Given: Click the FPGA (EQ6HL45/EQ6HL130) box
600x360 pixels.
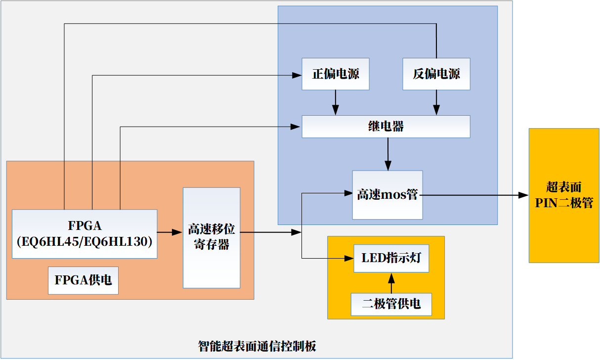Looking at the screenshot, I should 84,234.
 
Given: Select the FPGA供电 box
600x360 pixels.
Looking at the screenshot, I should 83,280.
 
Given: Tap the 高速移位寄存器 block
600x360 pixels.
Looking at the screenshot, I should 212,237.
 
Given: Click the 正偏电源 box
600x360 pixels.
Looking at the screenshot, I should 336,74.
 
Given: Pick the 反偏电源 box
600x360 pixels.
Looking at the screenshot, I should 436,74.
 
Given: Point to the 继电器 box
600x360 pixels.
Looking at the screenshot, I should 386,127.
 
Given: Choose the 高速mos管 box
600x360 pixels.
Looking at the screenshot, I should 387,195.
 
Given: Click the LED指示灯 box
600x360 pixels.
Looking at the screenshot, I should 391,258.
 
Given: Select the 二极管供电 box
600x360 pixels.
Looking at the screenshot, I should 391,304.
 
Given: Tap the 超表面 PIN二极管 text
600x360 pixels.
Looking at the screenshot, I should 564,195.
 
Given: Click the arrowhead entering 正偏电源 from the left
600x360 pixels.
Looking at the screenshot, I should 297,75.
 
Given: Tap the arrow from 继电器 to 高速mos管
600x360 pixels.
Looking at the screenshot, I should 388,154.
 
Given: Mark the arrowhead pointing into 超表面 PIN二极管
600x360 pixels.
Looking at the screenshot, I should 524,195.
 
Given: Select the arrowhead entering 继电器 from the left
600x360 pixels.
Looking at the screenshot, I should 297,127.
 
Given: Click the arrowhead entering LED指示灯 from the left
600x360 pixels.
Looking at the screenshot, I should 349,258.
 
